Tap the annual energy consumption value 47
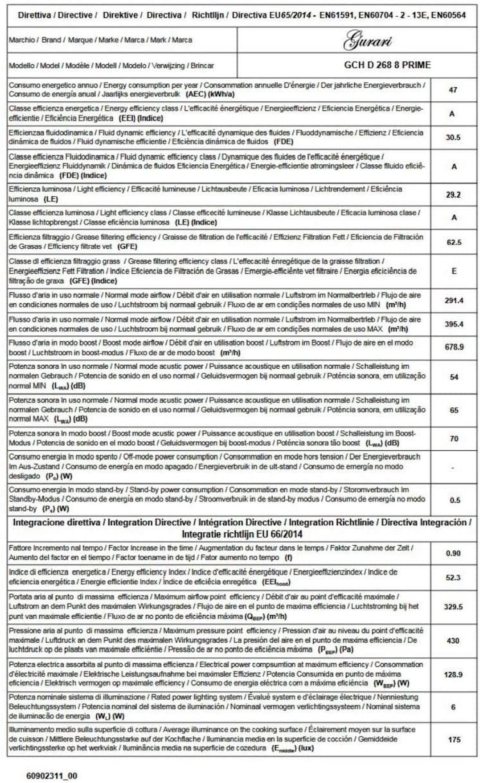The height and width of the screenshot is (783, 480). pyautogui.click(x=453, y=90)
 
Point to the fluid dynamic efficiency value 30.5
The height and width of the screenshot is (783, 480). pyautogui.click(x=453, y=137)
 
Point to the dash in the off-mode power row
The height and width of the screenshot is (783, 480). pyautogui.click(x=453, y=467)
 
